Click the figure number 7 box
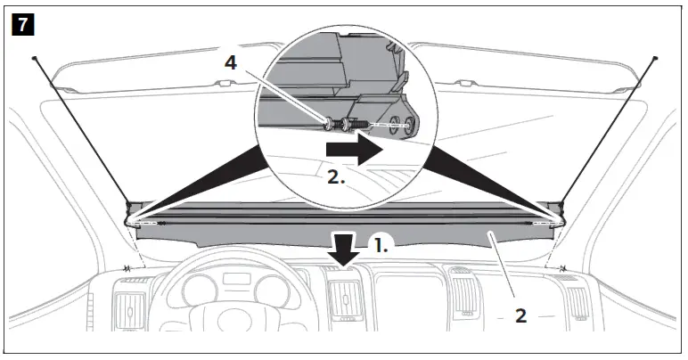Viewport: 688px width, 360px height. (x=21, y=24)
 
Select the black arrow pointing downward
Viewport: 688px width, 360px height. (x=342, y=247)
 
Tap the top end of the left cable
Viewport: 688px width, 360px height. (x=33, y=58)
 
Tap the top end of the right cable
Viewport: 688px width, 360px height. (x=655, y=58)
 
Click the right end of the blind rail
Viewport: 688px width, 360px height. (x=559, y=215)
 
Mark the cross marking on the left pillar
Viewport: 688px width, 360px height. (x=128, y=267)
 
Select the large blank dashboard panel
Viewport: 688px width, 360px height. (x=419, y=299)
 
